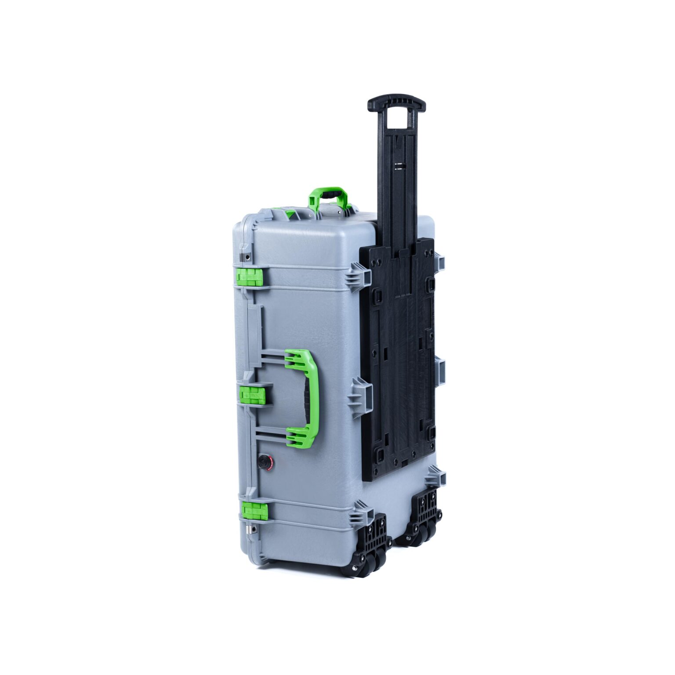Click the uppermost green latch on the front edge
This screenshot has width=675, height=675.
(x=250, y=277)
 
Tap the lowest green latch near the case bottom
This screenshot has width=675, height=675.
(x=254, y=511)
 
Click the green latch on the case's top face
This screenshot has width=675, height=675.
(x=290, y=214)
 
